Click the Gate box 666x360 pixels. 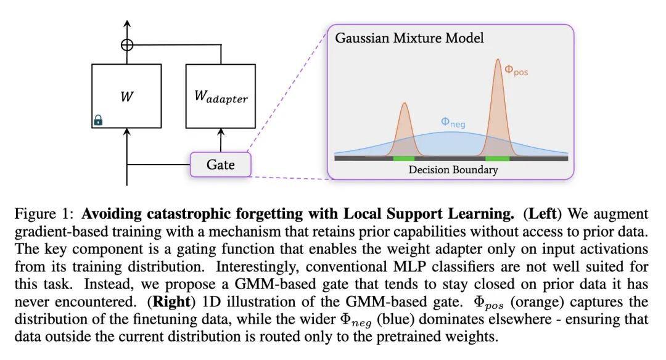[220, 165]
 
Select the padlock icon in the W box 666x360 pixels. [98, 120]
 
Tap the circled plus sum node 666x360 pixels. [127, 44]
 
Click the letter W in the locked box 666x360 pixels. [126, 96]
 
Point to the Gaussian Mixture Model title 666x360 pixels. [409, 38]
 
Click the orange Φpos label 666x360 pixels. [516, 70]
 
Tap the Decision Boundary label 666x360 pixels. [453, 170]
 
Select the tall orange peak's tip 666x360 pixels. [498, 59]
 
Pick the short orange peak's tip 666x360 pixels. [405, 103]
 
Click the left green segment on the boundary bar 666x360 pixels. [403, 158]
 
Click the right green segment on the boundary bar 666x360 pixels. [498, 158]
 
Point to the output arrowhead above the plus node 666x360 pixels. [127, 24]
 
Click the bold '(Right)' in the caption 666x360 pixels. [171, 301]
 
